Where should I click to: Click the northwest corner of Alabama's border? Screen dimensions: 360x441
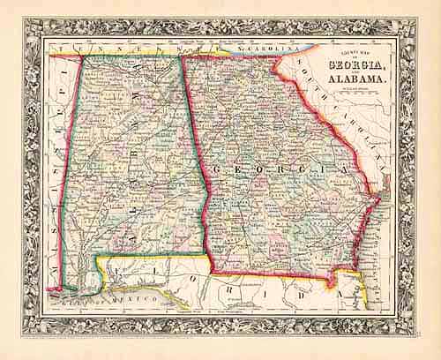coord(82,56)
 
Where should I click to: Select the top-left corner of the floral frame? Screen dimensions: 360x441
coord(25,19)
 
